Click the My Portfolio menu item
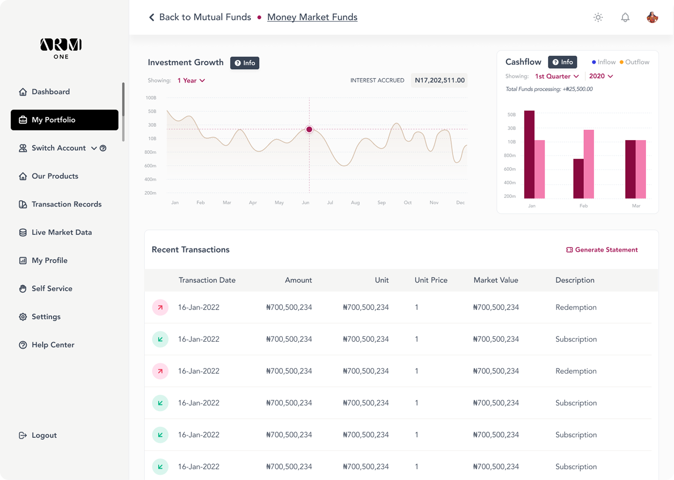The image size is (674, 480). click(64, 120)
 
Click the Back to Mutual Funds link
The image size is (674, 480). click(200, 17)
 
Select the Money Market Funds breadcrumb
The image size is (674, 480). click(312, 17)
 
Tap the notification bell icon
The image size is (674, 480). click(625, 17)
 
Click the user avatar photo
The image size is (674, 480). click(652, 17)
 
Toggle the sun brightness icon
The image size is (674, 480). click(598, 17)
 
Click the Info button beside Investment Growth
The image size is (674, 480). click(245, 63)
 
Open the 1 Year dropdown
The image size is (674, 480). click(191, 81)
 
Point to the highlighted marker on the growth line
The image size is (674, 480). click(309, 129)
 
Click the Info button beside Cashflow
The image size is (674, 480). click(562, 62)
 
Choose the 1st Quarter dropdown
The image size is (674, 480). click(557, 76)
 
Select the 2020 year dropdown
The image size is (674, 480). click(601, 76)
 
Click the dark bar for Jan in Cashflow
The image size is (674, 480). click(529, 154)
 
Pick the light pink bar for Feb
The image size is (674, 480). click(588, 164)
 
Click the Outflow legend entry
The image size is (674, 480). click(634, 62)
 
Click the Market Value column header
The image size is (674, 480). click(496, 280)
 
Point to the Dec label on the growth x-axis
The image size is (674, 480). click(460, 202)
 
